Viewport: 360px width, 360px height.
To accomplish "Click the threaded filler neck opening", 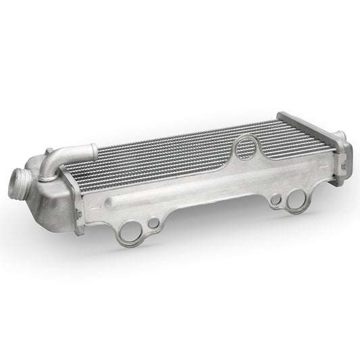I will pyautogui.click(x=19, y=182).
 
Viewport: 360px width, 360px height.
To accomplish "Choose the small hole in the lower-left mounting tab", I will pyautogui.click(x=154, y=222).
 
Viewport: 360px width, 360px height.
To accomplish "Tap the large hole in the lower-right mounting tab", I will pyautogui.click(x=297, y=199).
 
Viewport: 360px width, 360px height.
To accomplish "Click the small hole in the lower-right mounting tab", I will pyautogui.click(x=276, y=200).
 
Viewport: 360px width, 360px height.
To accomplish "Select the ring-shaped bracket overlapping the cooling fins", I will pyautogui.click(x=247, y=147).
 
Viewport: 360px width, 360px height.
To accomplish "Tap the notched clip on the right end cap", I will pyautogui.click(x=342, y=163).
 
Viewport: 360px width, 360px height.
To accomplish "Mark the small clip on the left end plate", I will pyautogui.click(x=77, y=217).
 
